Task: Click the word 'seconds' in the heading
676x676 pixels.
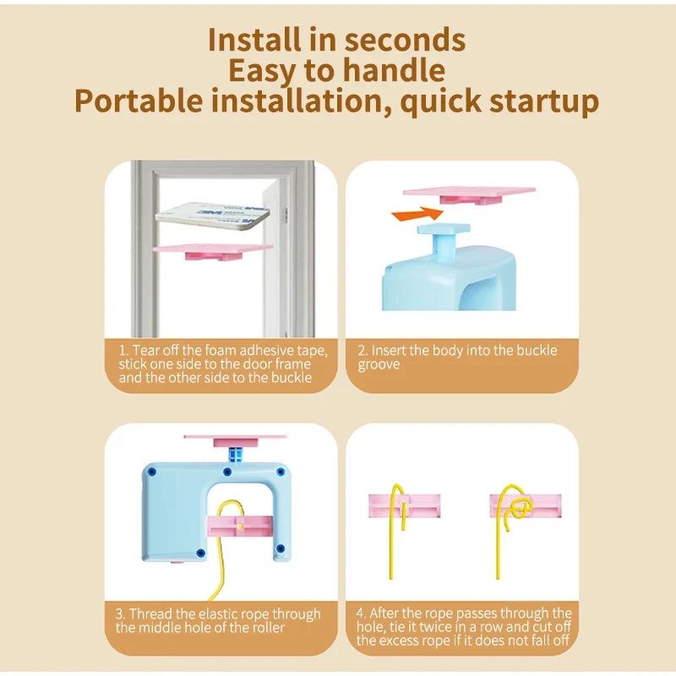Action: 405,40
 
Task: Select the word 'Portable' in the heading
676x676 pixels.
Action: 139,101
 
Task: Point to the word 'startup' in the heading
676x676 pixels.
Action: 544,102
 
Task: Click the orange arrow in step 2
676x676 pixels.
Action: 417,214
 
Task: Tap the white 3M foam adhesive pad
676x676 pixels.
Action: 213,215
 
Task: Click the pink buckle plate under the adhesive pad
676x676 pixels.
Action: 213,251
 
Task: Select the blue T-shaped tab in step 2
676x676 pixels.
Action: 444,239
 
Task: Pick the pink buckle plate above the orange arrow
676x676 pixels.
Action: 470,195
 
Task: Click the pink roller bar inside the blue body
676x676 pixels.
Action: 240,526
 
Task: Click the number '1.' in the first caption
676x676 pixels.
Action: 123,350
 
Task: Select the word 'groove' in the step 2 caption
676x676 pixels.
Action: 379,365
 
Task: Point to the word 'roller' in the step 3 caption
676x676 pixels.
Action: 269,627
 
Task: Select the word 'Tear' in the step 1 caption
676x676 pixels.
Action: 145,350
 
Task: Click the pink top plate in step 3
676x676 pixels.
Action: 235,440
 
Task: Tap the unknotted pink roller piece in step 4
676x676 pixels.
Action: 405,505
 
